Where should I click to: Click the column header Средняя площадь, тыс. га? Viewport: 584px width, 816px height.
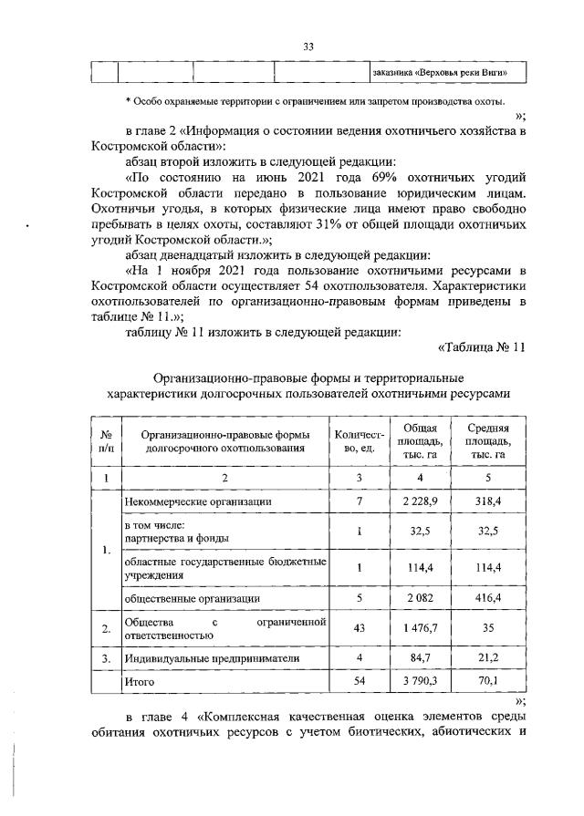tap(487, 441)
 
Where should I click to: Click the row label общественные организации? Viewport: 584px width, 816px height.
tap(191, 598)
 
